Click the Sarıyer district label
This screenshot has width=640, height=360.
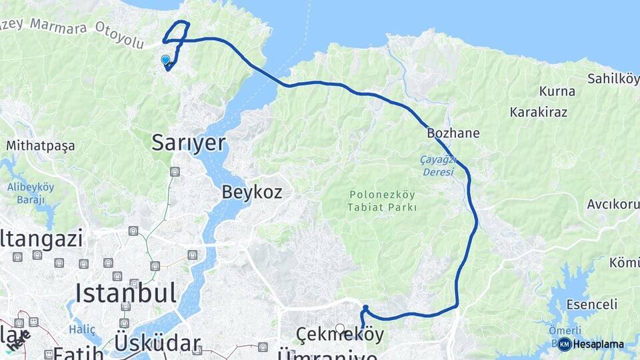[189, 143]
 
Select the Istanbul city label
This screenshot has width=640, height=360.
[126, 293]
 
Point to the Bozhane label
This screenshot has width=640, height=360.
[454, 133]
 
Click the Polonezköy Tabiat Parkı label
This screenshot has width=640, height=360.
[381, 201]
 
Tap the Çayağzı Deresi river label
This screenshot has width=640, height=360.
[437, 166]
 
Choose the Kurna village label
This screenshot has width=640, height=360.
[557, 91]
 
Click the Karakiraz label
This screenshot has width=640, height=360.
[539, 112]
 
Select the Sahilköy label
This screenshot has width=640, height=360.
[613, 79]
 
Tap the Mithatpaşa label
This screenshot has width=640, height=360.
[40, 145]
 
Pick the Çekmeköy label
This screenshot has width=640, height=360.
[340, 335]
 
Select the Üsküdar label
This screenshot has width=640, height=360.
[157, 343]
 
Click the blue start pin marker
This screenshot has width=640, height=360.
[165, 60]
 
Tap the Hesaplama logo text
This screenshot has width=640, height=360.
[598, 345]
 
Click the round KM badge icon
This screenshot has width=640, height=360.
[565, 345]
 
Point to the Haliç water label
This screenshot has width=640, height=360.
[85, 330]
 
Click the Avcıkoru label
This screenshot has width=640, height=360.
[613, 204]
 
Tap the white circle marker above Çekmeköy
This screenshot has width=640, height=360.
[340, 328]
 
